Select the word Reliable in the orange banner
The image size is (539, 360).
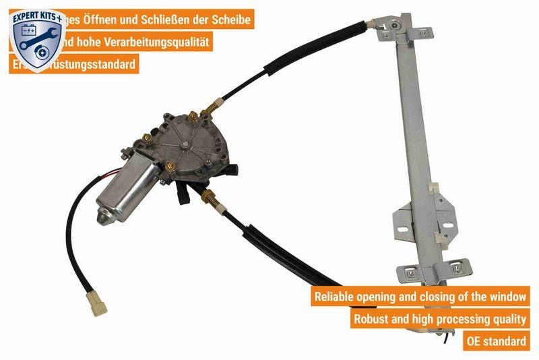click(338, 296)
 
